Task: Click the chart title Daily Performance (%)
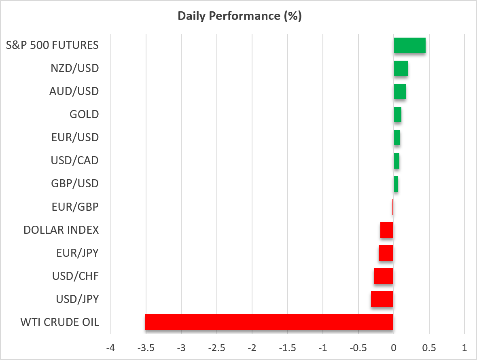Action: click(x=240, y=16)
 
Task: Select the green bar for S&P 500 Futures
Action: click(x=409, y=45)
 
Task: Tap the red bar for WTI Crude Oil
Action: click(x=269, y=322)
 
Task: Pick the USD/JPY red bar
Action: click(x=382, y=299)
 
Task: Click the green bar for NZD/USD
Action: click(x=401, y=68)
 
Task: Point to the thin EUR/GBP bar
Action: click(x=393, y=207)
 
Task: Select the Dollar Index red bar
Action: click(x=387, y=230)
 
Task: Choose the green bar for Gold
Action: click(x=398, y=114)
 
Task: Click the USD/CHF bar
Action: click(x=384, y=276)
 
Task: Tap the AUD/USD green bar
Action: click(x=400, y=91)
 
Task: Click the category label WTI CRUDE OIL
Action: click(x=59, y=322)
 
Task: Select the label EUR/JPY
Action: click(x=78, y=253)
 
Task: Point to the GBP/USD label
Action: click(x=75, y=184)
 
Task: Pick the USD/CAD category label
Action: click(x=75, y=161)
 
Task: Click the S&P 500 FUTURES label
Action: click(x=52, y=45)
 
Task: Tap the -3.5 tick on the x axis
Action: click(x=146, y=347)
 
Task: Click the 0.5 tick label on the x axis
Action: click(x=429, y=347)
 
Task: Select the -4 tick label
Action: click(x=111, y=347)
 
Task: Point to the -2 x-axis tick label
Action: click(x=252, y=347)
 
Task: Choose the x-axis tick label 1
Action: click(x=464, y=347)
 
